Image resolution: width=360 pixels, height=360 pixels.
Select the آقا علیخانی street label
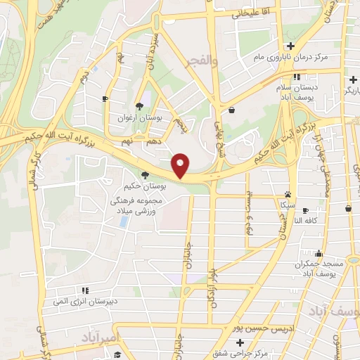pos(245,13)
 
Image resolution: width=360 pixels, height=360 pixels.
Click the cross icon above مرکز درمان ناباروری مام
pos(290,46)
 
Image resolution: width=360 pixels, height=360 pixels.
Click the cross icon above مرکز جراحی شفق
pos(240,342)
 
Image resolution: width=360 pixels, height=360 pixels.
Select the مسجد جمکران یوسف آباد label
pos(319,268)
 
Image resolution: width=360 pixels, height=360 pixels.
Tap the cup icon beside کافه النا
pos(348,209)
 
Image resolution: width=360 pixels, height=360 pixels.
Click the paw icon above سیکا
pos(288,194)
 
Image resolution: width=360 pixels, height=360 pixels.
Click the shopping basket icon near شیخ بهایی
pos(232,110)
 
